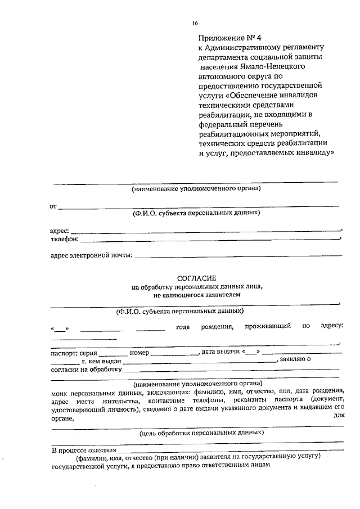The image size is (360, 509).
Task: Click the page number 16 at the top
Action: pyautogui.click(x=195, y=22)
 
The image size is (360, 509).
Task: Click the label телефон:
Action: pyautogui.click(x=64, y=239)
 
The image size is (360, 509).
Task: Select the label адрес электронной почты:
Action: pyautogui.click(x=91, y=256)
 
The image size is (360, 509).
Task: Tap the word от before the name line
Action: pyautogui.click(x=53, y=206)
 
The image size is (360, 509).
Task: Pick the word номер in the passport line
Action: pyautogui.click(x=139, y=353)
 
